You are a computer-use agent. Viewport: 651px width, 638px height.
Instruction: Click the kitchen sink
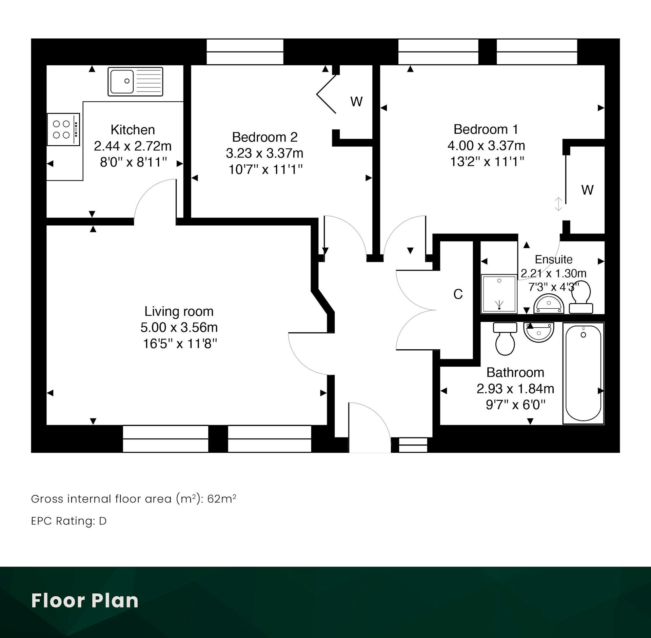click(x=135, y=81)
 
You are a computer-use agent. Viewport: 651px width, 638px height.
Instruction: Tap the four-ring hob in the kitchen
click(x=63, y=129)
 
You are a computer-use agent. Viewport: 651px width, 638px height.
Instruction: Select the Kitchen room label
click(x=133, y=130)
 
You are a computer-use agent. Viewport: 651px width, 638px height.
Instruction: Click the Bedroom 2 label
click(x=265, y=137)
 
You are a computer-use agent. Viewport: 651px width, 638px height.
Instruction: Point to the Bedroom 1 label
click(x=486, y=129)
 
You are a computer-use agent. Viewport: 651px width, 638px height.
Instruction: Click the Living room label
click(x=179, y=311)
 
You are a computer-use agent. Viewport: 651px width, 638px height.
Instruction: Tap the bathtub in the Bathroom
click(x=583, y=373)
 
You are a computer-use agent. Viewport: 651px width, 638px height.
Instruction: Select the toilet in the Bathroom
click(x=505, y=338)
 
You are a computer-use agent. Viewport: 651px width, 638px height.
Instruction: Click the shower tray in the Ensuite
click(x=499, y=294)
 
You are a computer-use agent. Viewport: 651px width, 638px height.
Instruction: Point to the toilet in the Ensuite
click(x=581, y=297)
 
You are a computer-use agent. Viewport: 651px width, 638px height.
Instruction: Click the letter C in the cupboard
click(x=458, y=294)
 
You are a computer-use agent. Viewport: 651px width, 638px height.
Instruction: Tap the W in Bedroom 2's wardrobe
click(x=356, y=101)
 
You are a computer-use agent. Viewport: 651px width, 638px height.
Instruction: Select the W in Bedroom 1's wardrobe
click(x=588, y=190)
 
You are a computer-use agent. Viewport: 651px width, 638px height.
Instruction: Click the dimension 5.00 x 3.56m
click(x=179, y=327)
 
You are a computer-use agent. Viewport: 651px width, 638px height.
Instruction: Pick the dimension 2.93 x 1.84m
click(x=515, y=389)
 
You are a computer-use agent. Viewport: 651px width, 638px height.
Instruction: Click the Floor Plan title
click(x=85, y=601)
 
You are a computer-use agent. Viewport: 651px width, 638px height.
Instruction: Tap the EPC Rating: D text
click(x=69, y=521)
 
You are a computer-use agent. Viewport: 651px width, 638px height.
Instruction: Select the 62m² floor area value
click(x=222, y=499)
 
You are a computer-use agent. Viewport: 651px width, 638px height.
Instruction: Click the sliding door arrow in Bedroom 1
click(x=558, y=204)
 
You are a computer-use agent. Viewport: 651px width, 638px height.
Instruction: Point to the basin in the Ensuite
click(x=549, y=304)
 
